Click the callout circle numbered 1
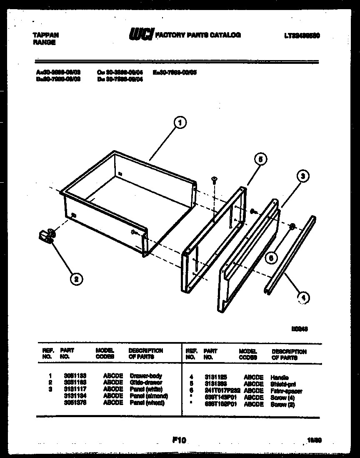tap(180, 123)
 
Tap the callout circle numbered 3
tap(303, 176)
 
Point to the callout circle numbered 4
tap(304, 297)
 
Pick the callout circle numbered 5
tap(260, 159)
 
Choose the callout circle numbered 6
tap(271, 258)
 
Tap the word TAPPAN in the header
tap(45, 35)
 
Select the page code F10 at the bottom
tap(178, 439)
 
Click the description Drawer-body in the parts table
tap(145, 376)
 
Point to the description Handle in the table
tap(279, 377)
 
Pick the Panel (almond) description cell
tap(149, 395)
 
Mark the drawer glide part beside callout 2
tap(45, 237)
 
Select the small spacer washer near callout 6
tap(292, 226)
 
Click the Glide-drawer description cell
tap(146, 382)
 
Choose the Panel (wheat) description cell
tap(147, 403)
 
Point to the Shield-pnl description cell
tap(282, 384)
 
